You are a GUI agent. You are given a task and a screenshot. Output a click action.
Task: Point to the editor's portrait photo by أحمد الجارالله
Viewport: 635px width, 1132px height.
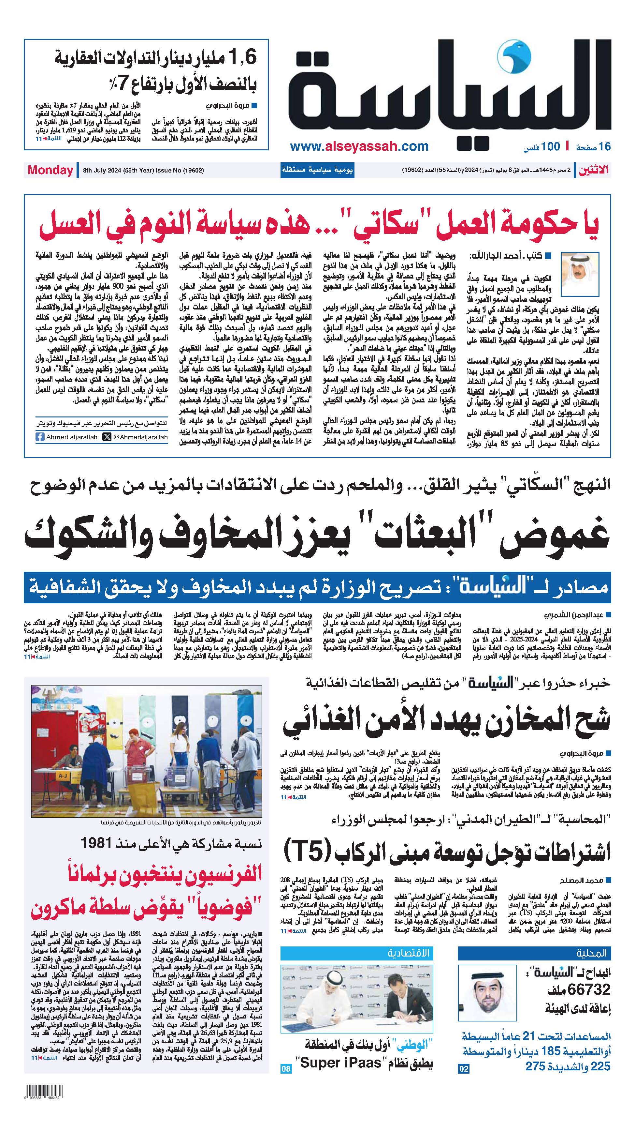[581, 274]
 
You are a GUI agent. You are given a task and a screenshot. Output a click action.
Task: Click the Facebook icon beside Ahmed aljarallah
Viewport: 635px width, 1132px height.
[40, 437]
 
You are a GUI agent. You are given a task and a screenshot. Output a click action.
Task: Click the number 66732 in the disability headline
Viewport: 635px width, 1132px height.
[589, 977]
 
